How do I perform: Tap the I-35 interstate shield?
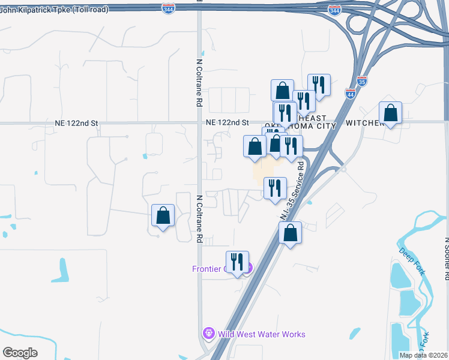(361, 80)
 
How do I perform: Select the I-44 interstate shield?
(351, 93)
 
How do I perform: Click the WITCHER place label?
(365, 122)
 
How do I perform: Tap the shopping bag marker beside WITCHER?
(391, 113)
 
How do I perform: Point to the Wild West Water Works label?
(261, 334)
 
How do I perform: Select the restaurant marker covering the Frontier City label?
(237, 262)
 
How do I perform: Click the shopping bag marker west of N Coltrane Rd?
(163, 215)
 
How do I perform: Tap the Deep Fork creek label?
(411, 262)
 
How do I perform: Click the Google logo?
(20, 353)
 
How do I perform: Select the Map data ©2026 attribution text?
(424, 355)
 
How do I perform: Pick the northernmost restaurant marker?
(319, 85)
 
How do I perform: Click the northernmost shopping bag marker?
(282, 91)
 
